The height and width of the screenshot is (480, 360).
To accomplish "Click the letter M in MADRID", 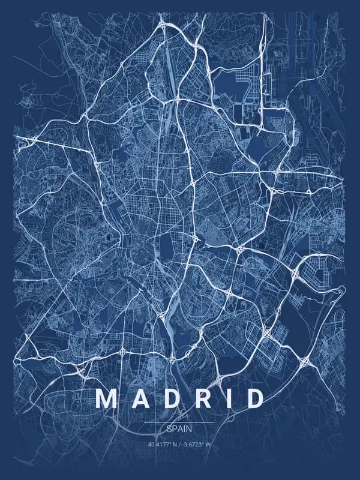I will pos(107,399).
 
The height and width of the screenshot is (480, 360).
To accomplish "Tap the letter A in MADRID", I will pos(139,399).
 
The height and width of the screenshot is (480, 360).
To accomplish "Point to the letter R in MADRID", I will pos(201,399).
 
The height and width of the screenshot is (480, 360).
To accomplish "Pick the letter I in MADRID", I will pos(227,399).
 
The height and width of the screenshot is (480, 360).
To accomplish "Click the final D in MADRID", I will pos(254,399).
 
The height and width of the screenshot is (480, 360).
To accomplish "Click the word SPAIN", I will pos(180,430).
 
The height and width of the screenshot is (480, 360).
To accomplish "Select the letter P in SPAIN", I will pos(174,430).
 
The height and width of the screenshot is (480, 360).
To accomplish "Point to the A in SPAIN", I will pos(180,430).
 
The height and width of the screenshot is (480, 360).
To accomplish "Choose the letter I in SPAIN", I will pos(185,430).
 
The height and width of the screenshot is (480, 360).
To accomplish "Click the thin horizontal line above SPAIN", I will pos(180,422).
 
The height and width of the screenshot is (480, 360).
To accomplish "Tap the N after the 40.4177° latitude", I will pos(173,445).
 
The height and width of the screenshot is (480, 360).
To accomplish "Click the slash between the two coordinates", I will pos(179,445).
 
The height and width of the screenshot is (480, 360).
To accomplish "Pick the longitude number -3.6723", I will pos(192,445).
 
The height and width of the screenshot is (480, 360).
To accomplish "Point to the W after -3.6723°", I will pos(209,445).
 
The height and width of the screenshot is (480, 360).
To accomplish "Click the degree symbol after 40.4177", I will pos(168,443).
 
